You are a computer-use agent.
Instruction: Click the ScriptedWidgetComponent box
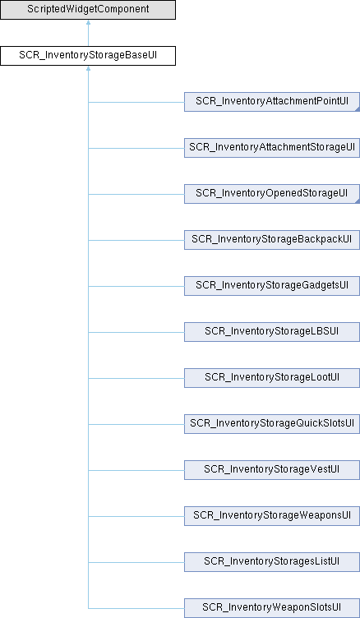(x=88, y=10)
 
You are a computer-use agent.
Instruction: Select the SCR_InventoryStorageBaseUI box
(x=88, y=56)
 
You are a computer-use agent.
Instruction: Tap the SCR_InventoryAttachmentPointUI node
(x=272, y=102)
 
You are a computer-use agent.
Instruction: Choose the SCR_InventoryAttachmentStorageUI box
(x=272, y=148)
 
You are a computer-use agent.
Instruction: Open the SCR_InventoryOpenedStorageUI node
(x=272, y=194)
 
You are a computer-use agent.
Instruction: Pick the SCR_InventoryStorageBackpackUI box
(x=272, y=240)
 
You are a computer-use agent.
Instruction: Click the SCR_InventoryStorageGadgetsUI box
(x=272, y=286)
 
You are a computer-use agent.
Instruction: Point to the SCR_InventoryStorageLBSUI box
(x=272, y=332)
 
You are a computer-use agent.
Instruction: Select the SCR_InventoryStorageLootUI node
(x=272, y=378)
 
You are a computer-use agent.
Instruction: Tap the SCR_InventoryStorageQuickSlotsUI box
(x=272, y=425)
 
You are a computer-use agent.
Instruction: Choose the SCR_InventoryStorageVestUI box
(x=272, y=470)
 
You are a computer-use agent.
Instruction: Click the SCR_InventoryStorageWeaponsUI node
(x=272, y=516)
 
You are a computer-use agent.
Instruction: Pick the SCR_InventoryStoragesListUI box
(x=272, y=562)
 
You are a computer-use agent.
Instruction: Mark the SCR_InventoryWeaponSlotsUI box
(x=272, y=608)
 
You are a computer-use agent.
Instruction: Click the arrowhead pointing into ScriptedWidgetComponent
(x=88, y=22)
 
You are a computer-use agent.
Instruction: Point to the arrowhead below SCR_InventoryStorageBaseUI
(x=88, y=68)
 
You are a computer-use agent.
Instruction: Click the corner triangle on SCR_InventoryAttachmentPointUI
(x=358, y=109)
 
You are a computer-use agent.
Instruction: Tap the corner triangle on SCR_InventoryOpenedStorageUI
(x=358, y=201)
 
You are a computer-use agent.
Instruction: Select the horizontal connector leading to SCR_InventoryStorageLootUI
(x=136, y=378)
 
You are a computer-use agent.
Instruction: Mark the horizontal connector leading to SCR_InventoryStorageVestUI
(x=136, y=470)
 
